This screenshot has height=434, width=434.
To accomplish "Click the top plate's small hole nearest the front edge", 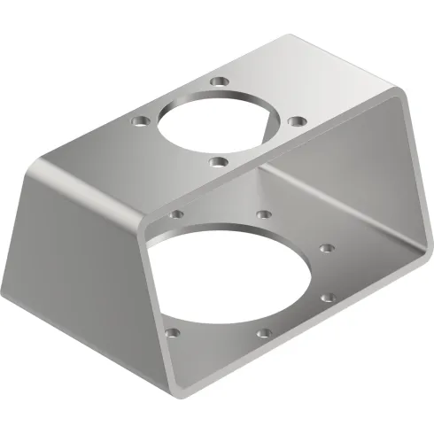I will click(218, 161).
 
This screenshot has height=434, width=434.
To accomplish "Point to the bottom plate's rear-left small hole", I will click(178, 213).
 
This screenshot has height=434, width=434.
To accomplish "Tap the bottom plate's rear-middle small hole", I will click(264, 213).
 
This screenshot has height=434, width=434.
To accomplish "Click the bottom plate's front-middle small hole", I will click(263, 333).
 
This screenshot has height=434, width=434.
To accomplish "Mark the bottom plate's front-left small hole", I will click(174, 333).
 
